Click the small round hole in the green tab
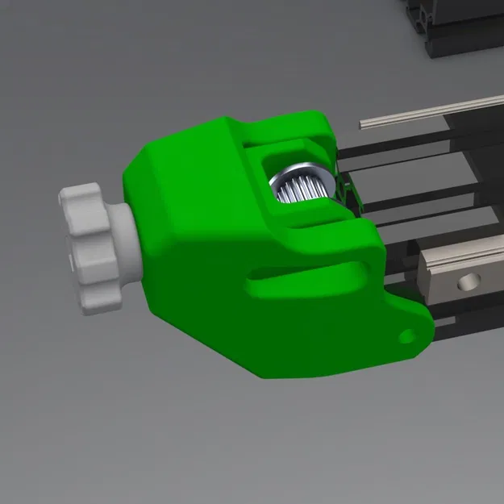click(x=407, y=333)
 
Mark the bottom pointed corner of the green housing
click(x=266, y=373)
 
